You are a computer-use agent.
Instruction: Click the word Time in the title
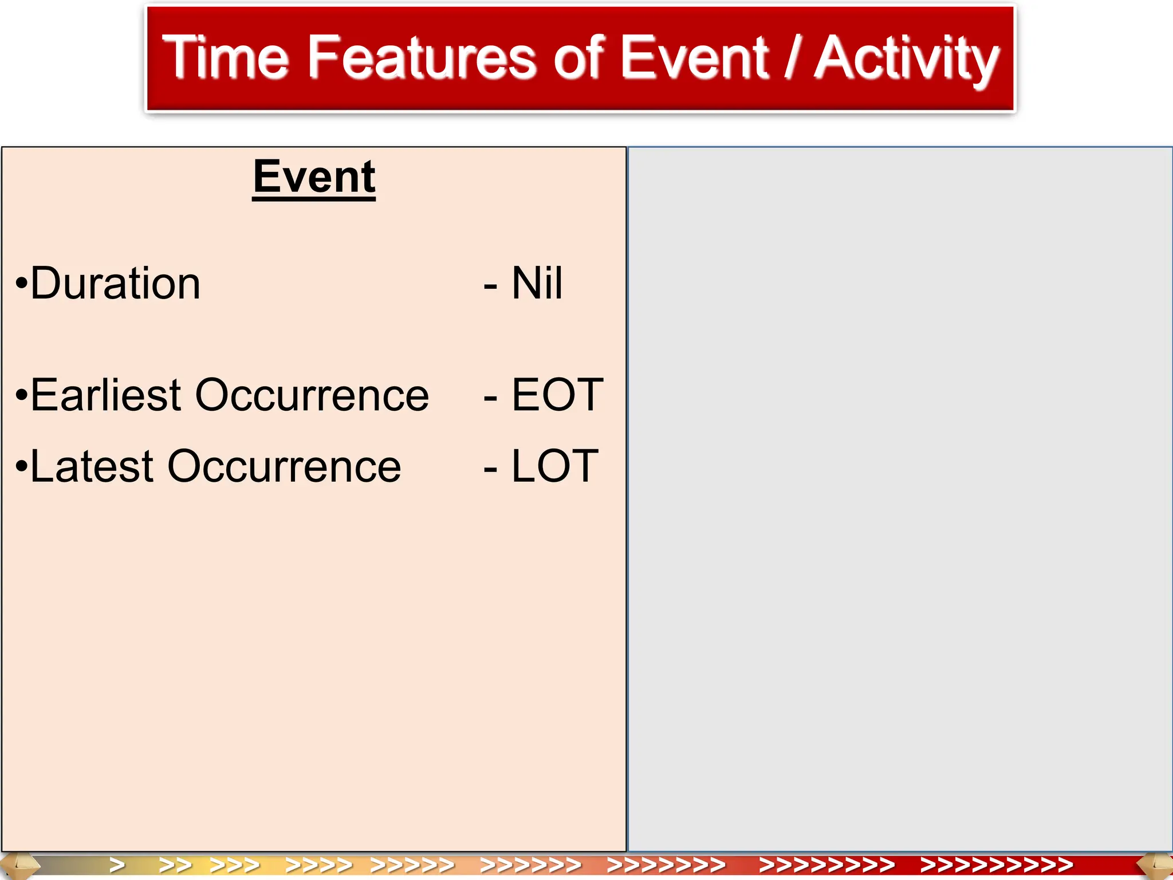tap(225, 57)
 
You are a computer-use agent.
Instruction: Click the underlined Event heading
tap(314, 177)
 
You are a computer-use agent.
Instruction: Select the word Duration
tap(115, 284)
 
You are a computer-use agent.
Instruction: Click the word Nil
tap(537, 284)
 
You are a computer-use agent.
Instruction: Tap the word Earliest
tap(106, 395)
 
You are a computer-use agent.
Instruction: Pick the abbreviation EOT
tap(557, 395)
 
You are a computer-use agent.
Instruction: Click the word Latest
tap(92, 466)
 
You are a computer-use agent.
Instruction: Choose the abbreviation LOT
tap(554, 466)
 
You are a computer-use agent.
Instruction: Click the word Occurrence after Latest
tap(284, 466)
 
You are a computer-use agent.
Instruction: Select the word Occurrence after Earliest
tap(312, 395)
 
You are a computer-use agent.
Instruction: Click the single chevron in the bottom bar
tap(117, 864)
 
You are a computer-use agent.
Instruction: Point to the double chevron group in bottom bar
tap(175, 864)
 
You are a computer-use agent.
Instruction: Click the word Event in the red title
tap(694, 57)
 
